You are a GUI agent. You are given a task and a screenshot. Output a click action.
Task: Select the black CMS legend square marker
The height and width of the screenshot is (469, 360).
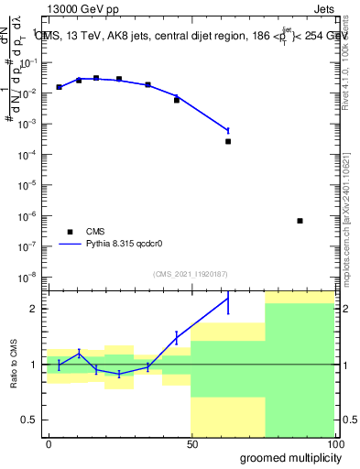tap(70, 232)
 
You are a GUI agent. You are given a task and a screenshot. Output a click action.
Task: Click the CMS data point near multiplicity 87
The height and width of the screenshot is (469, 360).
tap(300, 221)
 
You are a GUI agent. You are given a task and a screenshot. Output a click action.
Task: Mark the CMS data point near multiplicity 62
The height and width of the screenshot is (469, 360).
tap(228, 141)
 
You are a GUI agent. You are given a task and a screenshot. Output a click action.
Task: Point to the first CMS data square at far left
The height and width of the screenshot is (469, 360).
tap(59, 87)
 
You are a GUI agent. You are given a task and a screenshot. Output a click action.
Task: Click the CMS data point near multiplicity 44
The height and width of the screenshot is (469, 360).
tap(177, 100)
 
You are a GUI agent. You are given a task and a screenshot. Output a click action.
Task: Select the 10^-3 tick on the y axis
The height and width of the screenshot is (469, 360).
tap(32, 124)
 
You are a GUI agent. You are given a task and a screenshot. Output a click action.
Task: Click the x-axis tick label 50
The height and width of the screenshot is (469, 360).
tap(191, 442)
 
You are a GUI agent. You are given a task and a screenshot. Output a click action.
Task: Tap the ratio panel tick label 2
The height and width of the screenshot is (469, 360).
tap(36, 309)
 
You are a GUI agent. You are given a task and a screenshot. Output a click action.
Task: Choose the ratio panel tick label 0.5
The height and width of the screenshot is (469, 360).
tap(31, 420)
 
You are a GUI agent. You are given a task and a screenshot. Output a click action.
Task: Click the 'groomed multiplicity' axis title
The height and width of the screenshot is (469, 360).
tap(286, 457)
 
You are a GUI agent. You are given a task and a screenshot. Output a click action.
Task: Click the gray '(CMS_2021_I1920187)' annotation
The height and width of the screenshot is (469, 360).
tap(190, 274)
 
